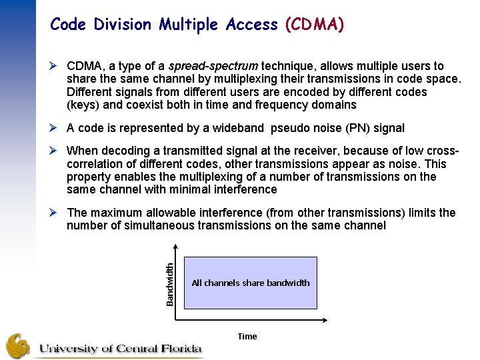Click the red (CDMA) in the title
pos(314,25)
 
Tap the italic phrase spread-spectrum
pos(213,67)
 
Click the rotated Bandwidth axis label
pos(170,283)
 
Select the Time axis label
pos(247,337)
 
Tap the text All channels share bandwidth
pos(250,283)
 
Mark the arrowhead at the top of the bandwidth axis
pos(176,248)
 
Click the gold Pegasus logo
pos(18,346)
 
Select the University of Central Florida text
pos(120,349)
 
